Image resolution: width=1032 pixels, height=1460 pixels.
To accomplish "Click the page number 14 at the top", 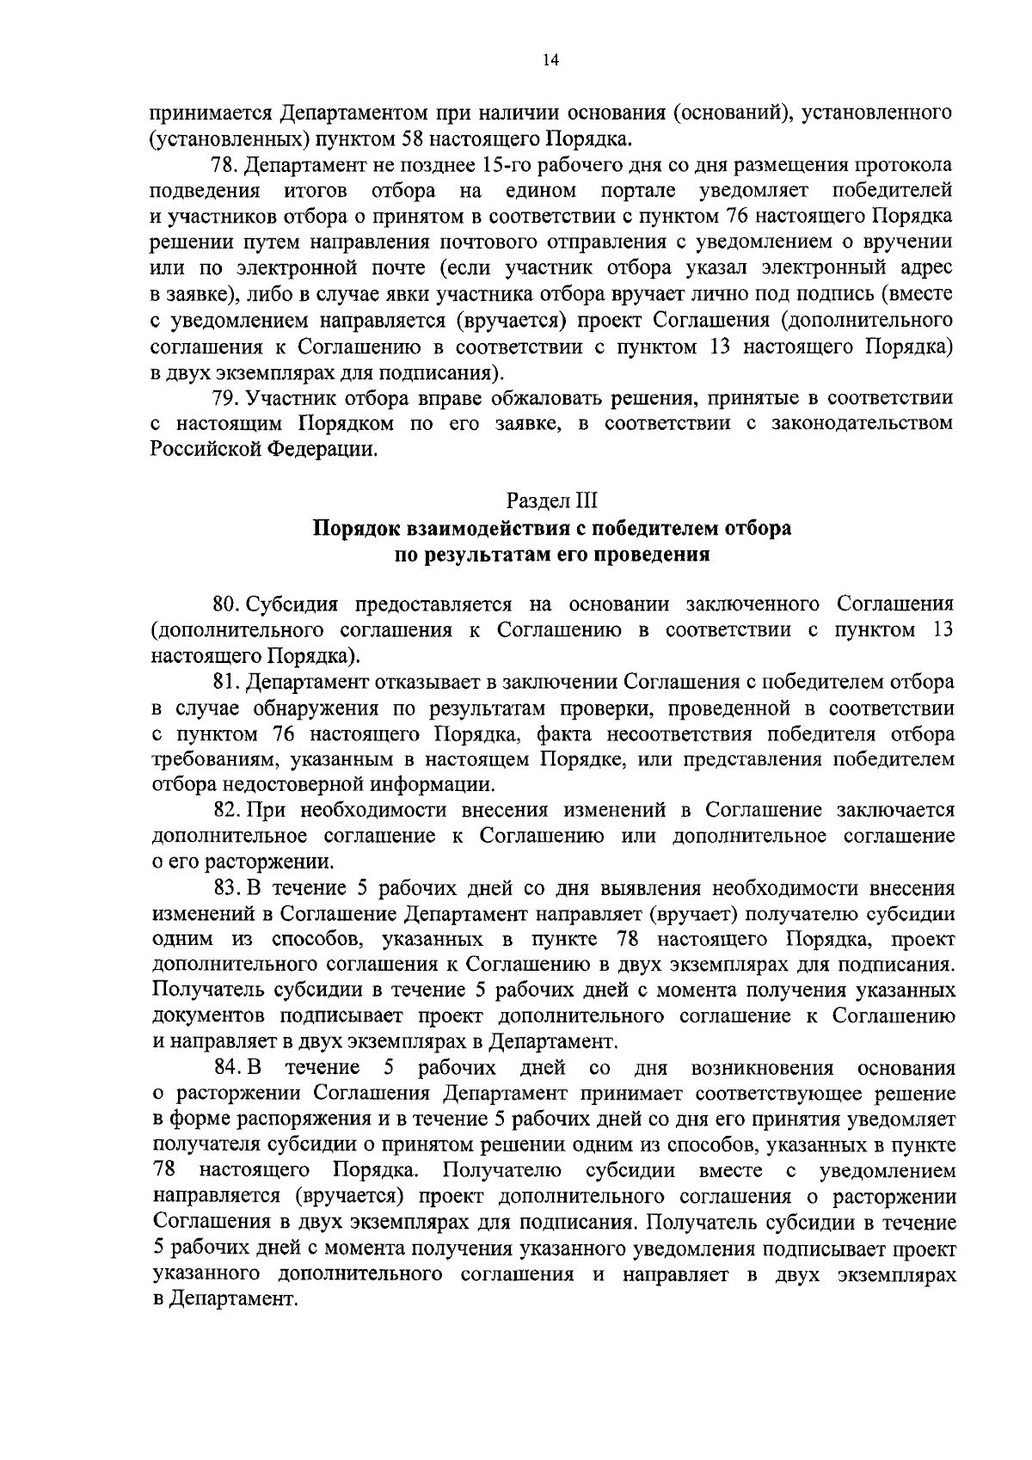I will click(x=550, y=59).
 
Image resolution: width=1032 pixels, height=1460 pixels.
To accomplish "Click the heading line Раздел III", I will click(x=550, y=500).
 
